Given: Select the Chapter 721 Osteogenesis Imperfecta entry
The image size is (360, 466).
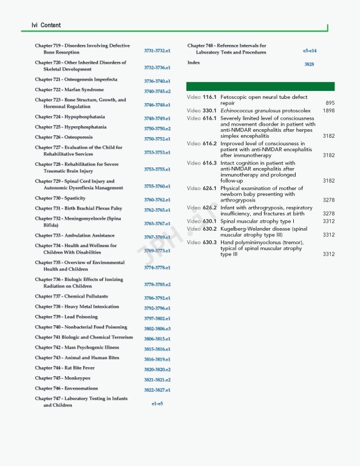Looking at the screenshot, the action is point(76,79).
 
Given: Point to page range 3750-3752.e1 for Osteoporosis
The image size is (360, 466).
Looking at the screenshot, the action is point(157,139).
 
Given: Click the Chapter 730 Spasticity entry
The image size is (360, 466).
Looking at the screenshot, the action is point(60,198).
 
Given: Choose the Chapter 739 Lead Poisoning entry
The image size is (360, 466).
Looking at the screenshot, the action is point(66,317).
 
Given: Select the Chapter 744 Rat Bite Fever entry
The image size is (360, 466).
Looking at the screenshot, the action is point(65,368).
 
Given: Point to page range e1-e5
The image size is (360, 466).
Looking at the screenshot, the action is point(157,403).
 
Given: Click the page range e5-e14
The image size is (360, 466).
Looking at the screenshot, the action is point(310,51).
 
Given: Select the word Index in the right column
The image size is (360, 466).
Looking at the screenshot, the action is point(194,62).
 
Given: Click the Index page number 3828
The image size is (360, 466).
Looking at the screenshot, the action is point(309,64).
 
